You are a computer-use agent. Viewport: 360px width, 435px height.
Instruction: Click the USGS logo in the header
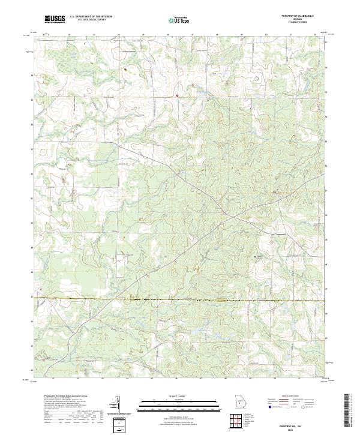pos(55,20)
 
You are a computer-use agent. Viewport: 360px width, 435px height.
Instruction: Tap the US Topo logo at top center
pos(179,20)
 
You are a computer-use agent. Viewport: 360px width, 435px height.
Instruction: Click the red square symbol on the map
pos(178,95)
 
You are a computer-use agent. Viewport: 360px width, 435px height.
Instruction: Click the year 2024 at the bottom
pos(294,425)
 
